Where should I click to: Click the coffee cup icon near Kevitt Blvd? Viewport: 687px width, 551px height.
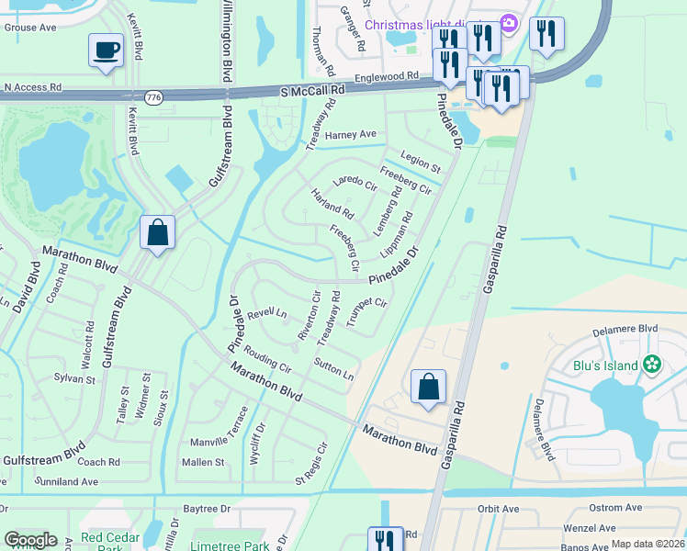coord(107,50)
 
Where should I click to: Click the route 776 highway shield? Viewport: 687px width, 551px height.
coord(153,96)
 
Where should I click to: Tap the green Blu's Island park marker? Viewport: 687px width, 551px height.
coord(653,365)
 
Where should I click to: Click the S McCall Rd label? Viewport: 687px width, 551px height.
coord(312,90)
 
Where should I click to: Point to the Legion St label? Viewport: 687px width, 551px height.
coord(421,161)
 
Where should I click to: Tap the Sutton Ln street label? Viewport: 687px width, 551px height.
coord(333,370)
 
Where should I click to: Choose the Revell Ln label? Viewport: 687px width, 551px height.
coord(266,313)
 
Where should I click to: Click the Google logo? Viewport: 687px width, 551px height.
coord(30,540)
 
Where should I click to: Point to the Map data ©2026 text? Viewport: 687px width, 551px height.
coord(648,544)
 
